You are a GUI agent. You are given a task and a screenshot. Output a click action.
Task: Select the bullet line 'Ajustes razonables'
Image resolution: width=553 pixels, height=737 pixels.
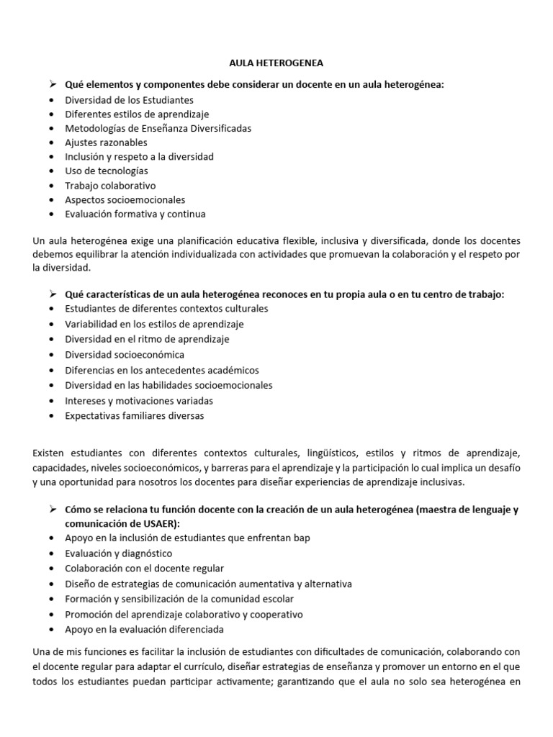click(x=106, y=143)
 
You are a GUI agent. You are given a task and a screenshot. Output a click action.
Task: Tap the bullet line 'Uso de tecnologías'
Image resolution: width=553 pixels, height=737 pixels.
click(x=106, y=171)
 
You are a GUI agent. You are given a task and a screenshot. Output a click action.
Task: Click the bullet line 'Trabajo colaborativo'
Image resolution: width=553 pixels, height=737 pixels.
click(x=110, y=185)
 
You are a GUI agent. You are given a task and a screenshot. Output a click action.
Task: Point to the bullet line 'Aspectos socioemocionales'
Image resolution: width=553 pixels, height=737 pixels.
click(x=125, y=199)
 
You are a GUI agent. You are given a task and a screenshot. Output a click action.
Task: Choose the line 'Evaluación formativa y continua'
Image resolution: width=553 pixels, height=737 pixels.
click(x=135, y=214)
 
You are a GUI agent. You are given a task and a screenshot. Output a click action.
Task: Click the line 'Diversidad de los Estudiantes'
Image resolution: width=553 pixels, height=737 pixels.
click(x=129, y=100)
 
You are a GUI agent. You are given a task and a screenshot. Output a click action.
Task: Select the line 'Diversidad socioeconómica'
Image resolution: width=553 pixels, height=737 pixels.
click(x=125, y=354)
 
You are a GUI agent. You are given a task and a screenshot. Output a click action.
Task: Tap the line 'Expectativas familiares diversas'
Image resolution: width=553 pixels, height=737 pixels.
click(x=135, y=415)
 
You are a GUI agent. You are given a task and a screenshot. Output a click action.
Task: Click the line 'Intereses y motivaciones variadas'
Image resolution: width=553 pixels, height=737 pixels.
click(x=139, y=400)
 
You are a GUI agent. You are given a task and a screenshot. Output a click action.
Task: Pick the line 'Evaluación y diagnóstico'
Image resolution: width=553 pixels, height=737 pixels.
click(x=119, y=553)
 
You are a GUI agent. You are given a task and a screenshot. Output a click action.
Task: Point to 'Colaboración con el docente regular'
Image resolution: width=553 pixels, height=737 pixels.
click(x=144, y=568)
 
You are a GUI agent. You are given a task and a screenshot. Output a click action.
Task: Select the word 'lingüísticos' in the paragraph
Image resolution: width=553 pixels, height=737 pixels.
click(x=340, y=453)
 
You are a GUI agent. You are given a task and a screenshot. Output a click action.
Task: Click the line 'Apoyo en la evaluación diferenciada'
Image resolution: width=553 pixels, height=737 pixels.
click(x=144, y=629)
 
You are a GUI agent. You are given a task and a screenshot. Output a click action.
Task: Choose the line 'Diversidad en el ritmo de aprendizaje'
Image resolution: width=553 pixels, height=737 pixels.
click(x=147, y=339)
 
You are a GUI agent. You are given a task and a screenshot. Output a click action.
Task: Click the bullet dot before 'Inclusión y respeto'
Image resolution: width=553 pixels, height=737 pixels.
click(x=53, y=157)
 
